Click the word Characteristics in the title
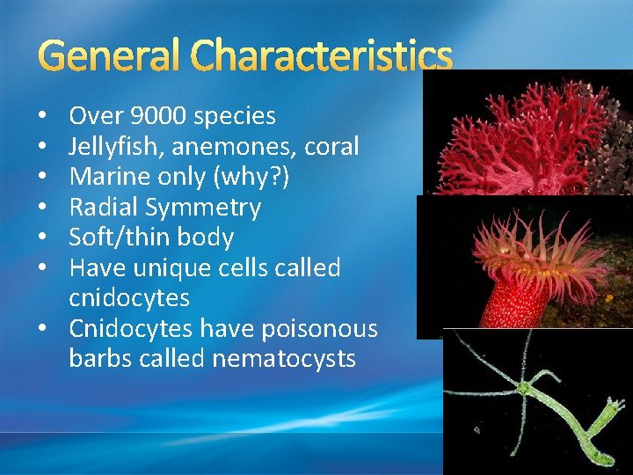pos(323,56)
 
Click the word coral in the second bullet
pos(331,146)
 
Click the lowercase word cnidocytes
pos(129,298)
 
